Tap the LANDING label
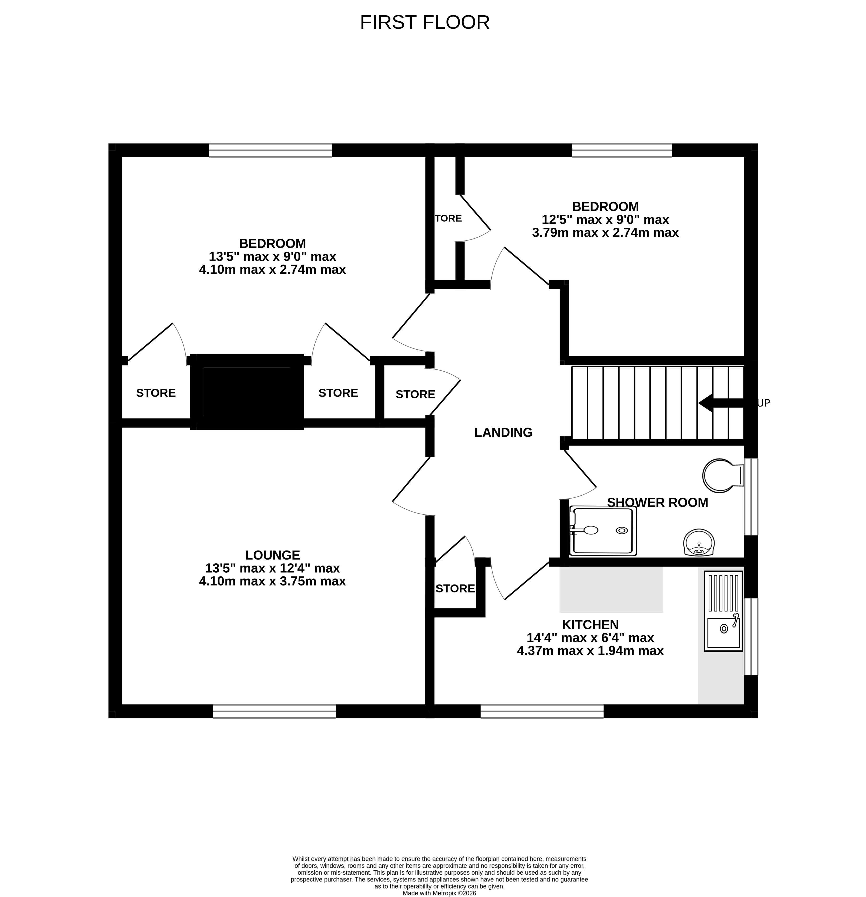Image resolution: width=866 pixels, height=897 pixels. [x=503, y=432]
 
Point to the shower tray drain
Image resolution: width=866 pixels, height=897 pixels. [x=622, y=530]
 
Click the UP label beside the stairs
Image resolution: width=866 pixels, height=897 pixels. [x=764, y=403]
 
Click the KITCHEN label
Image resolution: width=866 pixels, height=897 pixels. [x=590, y=625]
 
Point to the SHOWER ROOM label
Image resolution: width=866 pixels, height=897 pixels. [x=657, y=503]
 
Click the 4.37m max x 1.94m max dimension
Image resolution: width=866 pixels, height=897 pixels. [x=590, y=651]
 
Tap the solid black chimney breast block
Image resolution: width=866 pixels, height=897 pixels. [x=247, y=392]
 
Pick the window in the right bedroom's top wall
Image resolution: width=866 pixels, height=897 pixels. [x=622, y=150]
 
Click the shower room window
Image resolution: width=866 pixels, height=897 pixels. [x=751, y=496]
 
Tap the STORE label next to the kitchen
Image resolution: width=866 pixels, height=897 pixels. [x=455, y=588]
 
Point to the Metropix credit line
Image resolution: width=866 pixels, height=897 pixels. [x=439, y=893]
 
